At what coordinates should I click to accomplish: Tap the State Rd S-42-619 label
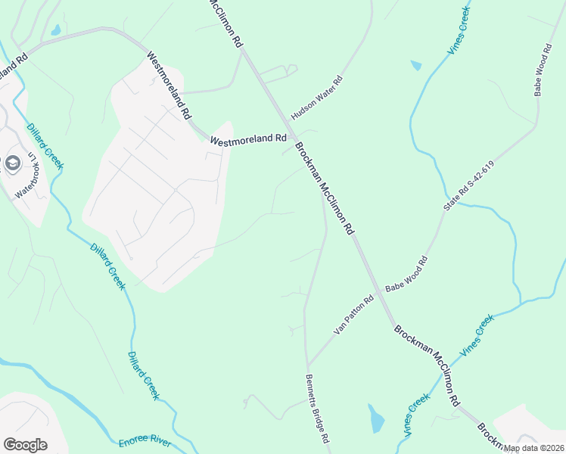pos(468,186)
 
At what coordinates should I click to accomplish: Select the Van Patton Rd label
pos(354,316)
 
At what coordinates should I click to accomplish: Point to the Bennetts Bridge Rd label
pos(318,409)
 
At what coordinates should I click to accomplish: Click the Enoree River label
pos(145,443)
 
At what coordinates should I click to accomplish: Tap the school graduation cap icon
pos(12,163)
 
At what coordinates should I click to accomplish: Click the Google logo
pos(25,445)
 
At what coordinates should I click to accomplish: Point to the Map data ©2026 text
pos(533,448)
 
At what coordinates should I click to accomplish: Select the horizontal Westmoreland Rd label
pos(247,139)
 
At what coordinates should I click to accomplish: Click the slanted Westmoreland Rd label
pos(168,86)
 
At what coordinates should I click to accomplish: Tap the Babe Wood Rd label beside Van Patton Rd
pos(406,275)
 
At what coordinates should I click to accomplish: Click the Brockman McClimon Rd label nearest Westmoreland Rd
pos(324,187)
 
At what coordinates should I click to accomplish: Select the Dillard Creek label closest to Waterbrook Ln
pos(45,147)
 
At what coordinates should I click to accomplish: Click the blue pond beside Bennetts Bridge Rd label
pos(376,418)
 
